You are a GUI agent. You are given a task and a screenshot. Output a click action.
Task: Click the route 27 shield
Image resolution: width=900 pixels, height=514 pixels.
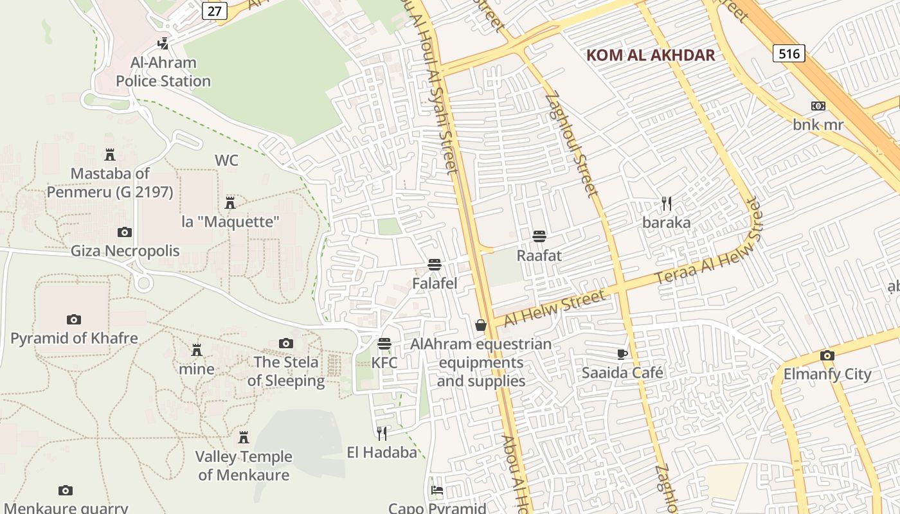[x=217, y=10]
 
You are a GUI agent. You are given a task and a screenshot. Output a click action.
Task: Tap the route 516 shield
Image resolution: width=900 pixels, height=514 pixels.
[x=789, y=53]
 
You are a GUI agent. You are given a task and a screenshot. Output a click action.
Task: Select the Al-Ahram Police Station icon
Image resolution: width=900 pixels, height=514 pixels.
[x=163, y=44]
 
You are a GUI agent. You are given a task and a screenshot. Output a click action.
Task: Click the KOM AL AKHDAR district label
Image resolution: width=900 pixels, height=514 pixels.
[x=651, y=55]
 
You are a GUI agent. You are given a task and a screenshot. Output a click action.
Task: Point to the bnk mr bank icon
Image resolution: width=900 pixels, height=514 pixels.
[x=818, y=106]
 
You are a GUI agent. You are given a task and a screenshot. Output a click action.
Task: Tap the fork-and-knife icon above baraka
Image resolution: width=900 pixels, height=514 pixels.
[x=667, y=204]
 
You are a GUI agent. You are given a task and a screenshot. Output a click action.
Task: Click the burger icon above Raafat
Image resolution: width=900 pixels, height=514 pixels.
[x=539, y=236]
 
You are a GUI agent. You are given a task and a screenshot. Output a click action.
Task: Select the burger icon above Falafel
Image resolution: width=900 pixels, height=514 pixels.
[x=435, y=264]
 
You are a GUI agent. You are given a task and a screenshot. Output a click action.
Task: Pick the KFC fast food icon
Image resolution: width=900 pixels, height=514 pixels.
[x=384, y=344]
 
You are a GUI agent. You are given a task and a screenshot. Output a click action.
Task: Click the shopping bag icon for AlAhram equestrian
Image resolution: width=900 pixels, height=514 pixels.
[x=481, y=325]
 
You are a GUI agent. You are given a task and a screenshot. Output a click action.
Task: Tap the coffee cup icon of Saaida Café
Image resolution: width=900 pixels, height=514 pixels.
[x=622, y=353]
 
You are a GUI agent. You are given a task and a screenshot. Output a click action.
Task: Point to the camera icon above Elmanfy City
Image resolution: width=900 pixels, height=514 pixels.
[x=827, y=355]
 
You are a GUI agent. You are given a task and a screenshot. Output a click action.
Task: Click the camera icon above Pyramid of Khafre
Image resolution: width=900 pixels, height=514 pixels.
[x=74, y=319]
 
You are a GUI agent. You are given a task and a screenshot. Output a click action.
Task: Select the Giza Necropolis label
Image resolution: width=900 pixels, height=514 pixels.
[x=125, y=251]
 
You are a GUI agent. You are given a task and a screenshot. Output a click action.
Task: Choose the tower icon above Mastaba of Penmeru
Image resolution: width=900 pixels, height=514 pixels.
[x=109, y=155]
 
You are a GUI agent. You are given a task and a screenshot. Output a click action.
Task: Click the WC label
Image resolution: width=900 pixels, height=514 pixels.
[x=226, y=160]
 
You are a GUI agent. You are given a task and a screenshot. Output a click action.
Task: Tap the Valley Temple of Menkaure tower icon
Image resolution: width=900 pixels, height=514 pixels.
[x=244, y=438]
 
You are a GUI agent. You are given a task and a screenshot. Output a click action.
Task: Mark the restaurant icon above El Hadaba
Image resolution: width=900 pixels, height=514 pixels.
[x=382, y=433]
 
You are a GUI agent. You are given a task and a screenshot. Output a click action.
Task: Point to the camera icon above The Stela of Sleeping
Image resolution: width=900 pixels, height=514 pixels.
[x=286, y=343]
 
